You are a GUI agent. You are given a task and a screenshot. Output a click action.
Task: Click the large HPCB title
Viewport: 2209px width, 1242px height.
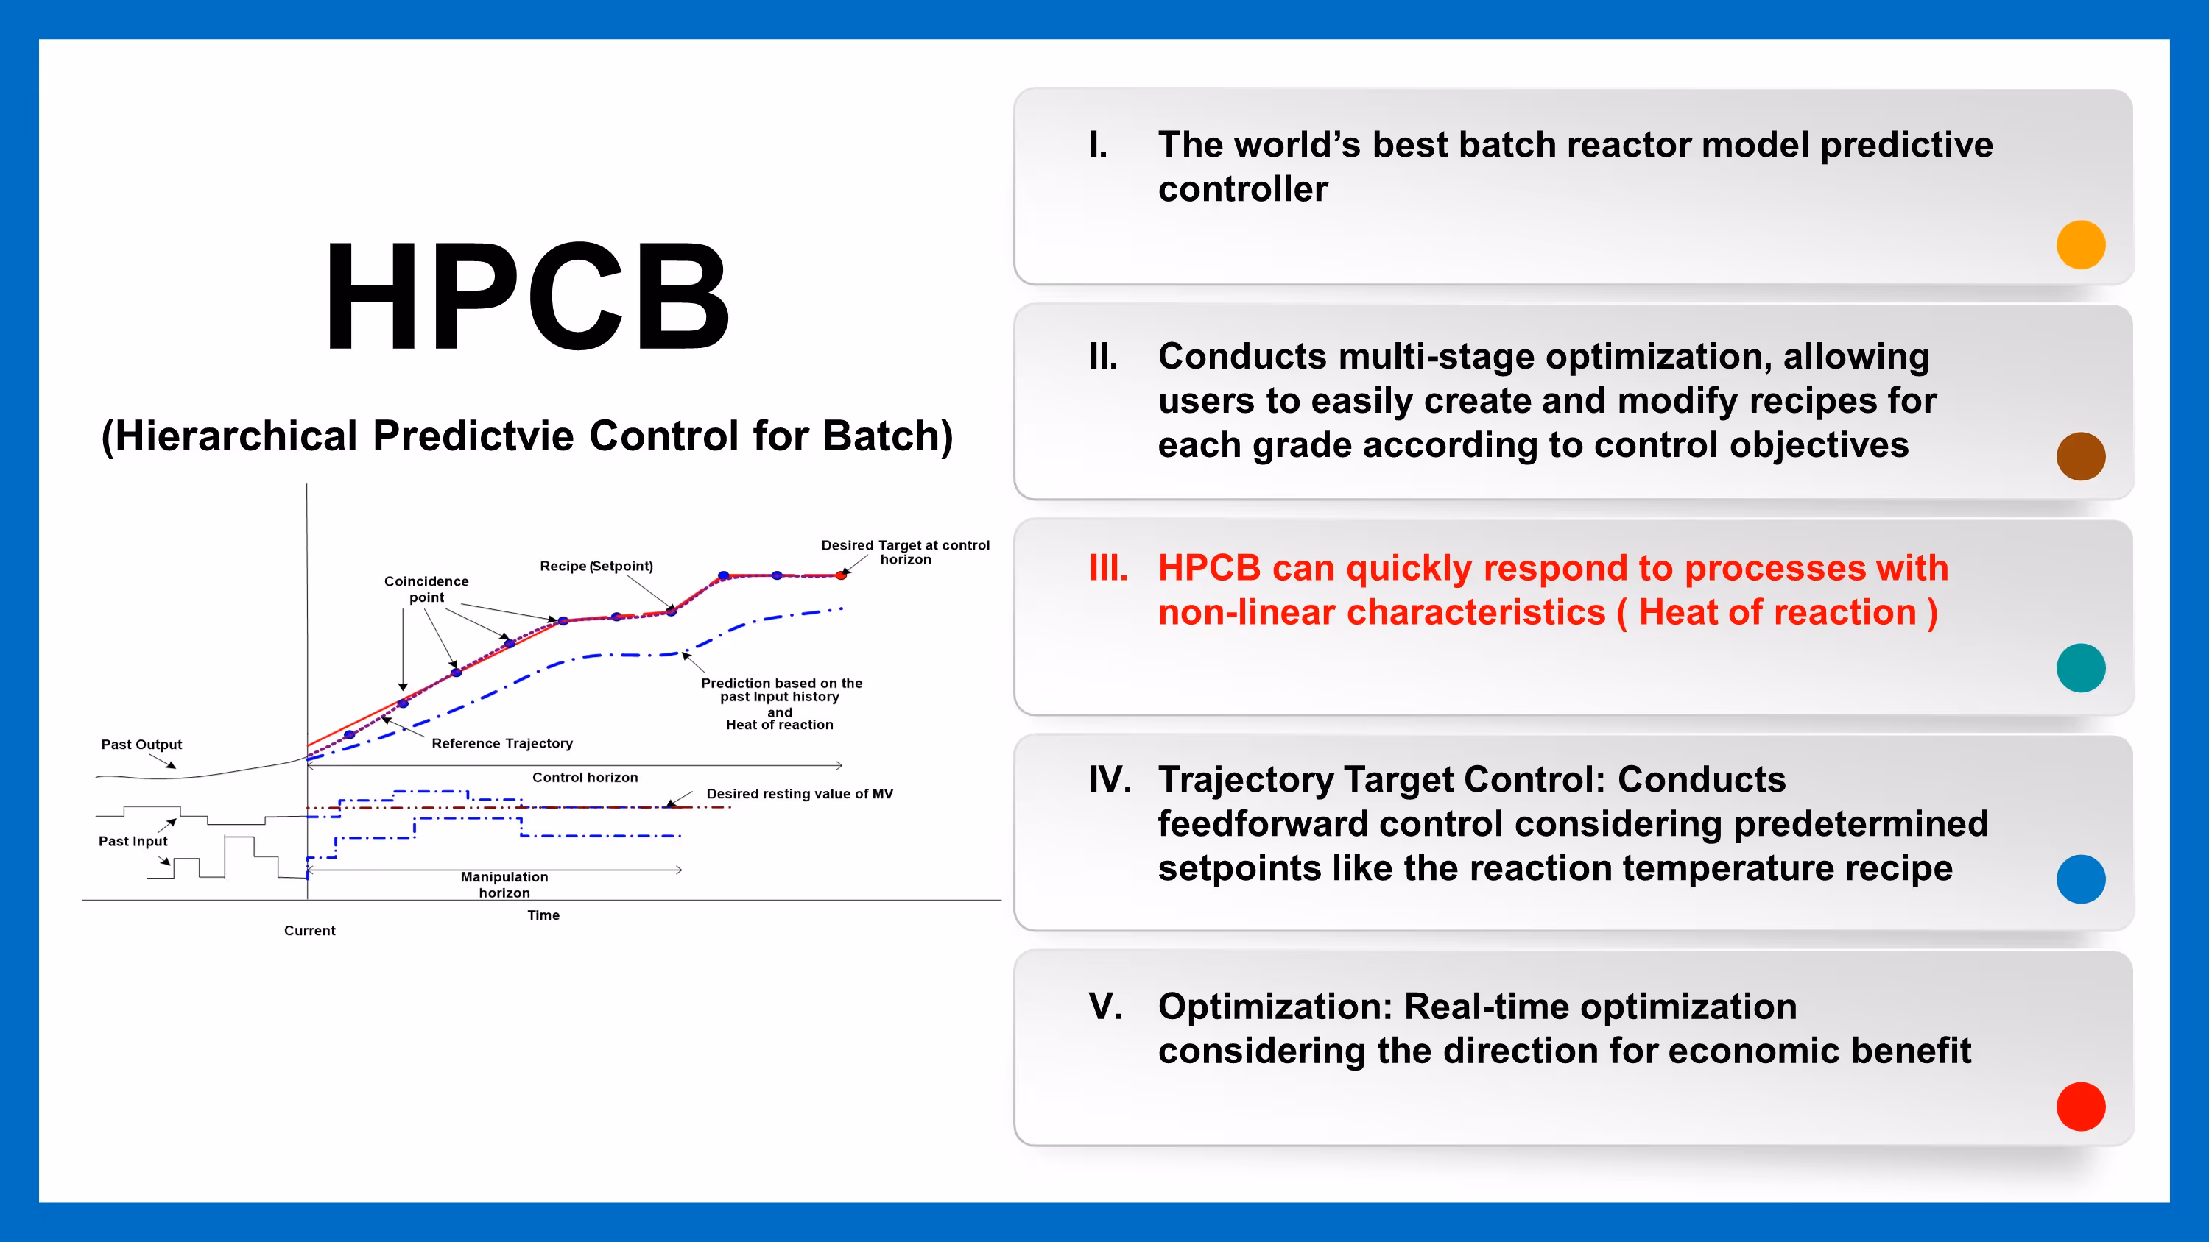[527, 297]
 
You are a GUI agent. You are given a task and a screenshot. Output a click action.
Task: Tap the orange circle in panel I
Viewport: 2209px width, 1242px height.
[2080, 245]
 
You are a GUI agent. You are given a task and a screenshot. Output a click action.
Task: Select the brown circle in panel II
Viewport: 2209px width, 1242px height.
[2080, 456]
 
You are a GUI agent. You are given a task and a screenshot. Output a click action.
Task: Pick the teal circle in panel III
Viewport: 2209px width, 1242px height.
[2080, 667]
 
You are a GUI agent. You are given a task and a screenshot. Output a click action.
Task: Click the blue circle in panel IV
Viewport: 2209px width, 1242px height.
[2080, 879]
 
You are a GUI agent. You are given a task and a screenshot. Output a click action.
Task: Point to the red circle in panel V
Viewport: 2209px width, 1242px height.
[2080, 1107]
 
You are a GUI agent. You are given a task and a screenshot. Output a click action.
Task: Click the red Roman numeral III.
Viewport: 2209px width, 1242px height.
[1108, 567]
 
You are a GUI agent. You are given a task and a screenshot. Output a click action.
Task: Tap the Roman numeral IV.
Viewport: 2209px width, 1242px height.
[1110, 779]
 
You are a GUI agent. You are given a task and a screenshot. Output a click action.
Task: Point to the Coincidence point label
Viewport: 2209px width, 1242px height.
[426, 589]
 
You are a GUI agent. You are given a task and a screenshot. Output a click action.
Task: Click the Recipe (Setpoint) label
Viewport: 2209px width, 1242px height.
[596, 566]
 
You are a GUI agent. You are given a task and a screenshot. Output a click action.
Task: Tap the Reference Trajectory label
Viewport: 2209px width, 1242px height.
[501, 743]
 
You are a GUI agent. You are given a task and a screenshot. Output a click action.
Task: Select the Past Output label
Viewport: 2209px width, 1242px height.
[141, 744]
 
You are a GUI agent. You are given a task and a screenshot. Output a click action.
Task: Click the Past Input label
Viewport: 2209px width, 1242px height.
[133, 841]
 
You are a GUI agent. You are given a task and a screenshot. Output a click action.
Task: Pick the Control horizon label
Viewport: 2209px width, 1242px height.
[585, 778]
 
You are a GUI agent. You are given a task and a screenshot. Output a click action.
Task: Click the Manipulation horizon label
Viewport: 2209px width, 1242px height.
[504, 884]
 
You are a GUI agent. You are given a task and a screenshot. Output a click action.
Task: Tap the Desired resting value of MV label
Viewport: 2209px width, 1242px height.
[799, 794]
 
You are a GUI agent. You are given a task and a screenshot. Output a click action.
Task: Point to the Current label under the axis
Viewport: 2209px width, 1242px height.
[309, 930]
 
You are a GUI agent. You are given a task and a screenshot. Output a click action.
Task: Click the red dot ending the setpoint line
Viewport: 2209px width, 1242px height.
[841, 575]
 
